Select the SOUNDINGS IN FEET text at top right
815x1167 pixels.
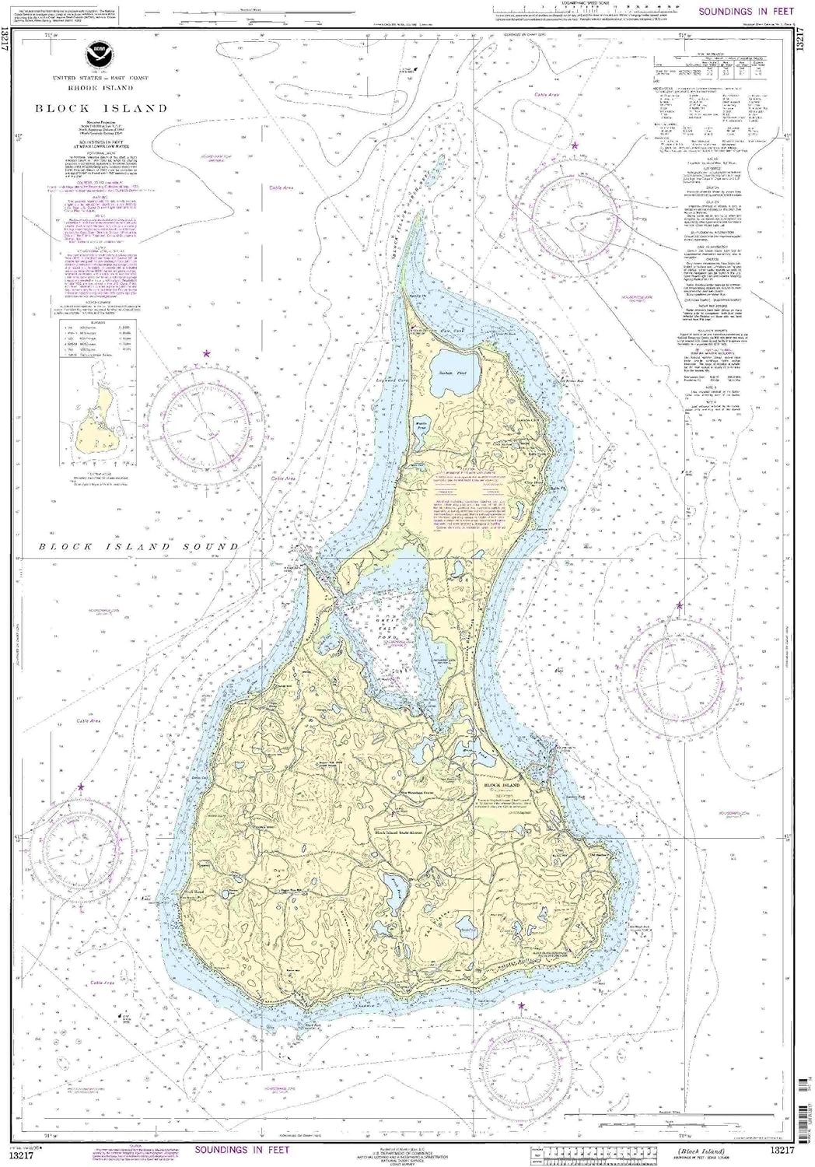click(x=746, y=12)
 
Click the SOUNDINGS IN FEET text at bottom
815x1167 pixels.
click(x=242, y=1149)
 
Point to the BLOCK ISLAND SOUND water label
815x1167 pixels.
click(x=139, y=547)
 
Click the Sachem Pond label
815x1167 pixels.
click(x=456, y=373)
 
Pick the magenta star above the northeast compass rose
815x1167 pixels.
click(x=575, y=145)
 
